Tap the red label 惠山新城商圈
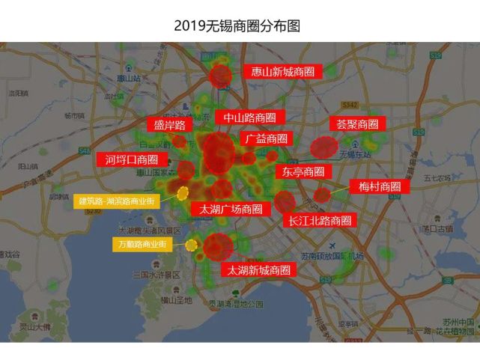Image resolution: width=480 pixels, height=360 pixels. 282,72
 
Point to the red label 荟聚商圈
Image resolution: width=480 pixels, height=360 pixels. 356,124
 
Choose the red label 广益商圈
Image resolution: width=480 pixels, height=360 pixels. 266,138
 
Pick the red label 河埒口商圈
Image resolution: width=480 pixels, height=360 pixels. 131,159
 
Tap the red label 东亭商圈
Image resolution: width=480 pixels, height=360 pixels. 303,171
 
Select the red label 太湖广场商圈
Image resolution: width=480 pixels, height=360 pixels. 230,209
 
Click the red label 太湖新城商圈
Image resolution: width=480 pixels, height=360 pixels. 258,269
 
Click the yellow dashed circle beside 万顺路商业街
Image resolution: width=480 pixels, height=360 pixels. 192,245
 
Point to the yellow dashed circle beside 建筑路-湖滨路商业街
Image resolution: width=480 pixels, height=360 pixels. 182,193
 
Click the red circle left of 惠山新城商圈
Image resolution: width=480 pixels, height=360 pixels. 220,76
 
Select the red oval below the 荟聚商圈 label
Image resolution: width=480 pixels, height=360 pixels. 324,147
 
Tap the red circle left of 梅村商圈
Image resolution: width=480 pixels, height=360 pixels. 322,195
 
